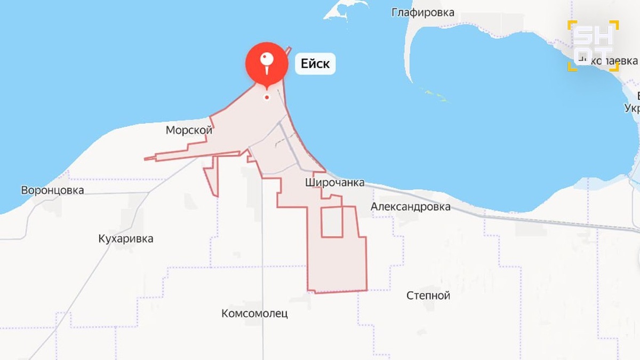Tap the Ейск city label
(315, 64)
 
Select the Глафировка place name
(423, 12)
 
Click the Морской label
(189, 130)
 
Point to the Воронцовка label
(52, 190)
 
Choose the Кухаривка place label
(126, 238)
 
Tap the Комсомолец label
(254, 314)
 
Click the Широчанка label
(335, 183)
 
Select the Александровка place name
(411, 207)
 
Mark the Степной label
(428, 295)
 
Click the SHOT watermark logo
(593, 45)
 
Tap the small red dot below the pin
(267, 97)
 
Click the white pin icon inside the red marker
(267, 62)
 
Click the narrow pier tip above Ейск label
(289, 49)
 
